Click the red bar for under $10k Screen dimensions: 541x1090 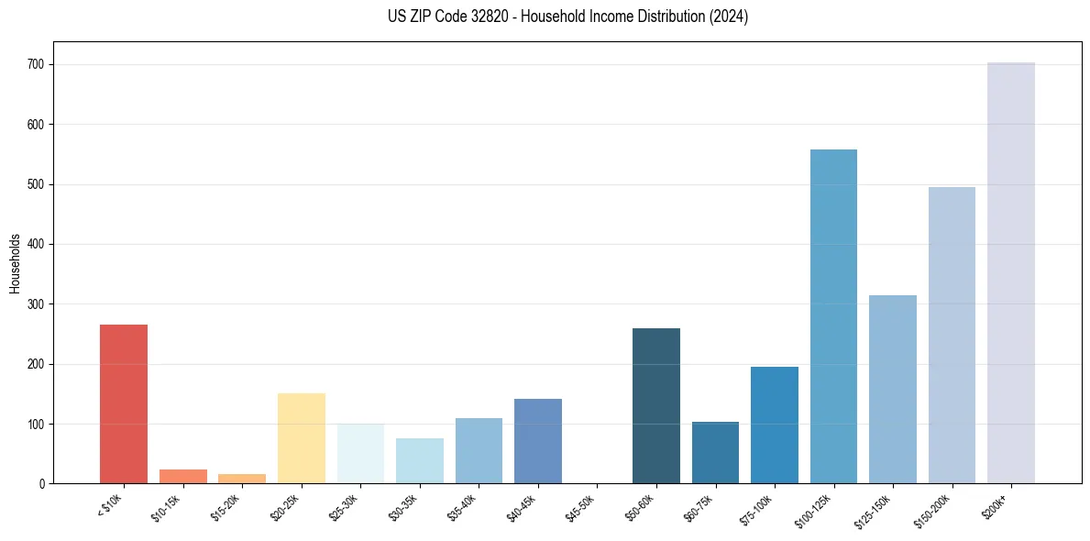pyautogui.click(x=124, y=403)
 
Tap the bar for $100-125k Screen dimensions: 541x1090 pyautogui.click(x=833, y=316)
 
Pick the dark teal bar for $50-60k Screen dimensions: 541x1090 pyautogui.click(x=656, y=406)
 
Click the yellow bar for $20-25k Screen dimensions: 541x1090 pyautogui.click(x=302, y=438)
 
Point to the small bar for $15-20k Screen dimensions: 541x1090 pyautogui.click(x=242, y=479)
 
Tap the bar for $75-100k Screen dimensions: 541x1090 pyautogui.click(x=775, y=425)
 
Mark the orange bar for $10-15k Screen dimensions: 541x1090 pyautogui.click(x=183, y=476)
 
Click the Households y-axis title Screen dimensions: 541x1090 pyautogui.click(x=15, y=263)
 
